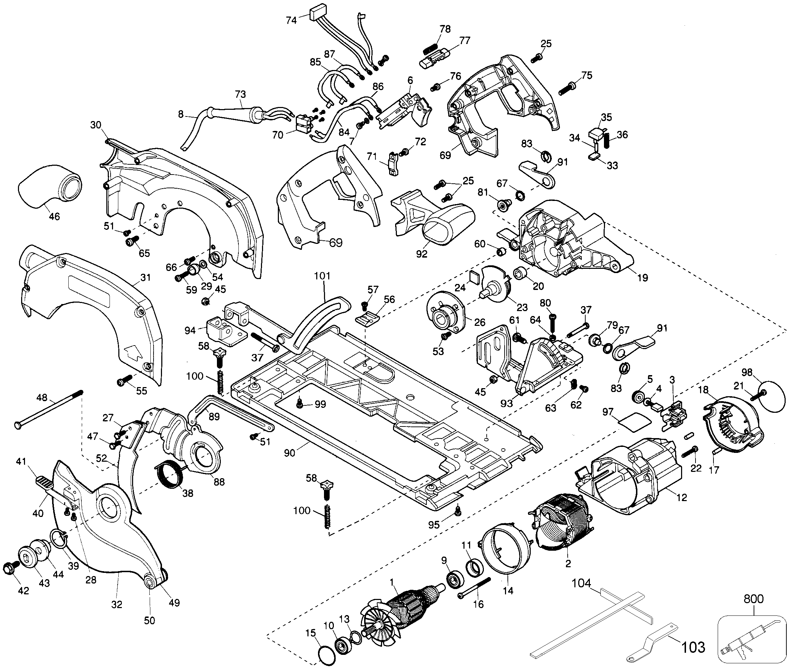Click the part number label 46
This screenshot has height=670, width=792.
pyautogui.click(x=54, y=216)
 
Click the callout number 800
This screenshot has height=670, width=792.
pyautogui.click(x=753, y=599)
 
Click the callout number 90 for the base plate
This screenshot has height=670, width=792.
pyautogui.click(x=289, y=453)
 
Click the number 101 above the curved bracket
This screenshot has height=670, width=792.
pyautogui.click(x=322, y=276)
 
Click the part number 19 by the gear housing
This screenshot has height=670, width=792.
pyautogui.click(x=642, y=278)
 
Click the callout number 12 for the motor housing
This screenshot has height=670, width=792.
pyautogui.click(x=682, y=497)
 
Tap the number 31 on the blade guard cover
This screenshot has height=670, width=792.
pyautogui.click(x=145, y=278)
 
